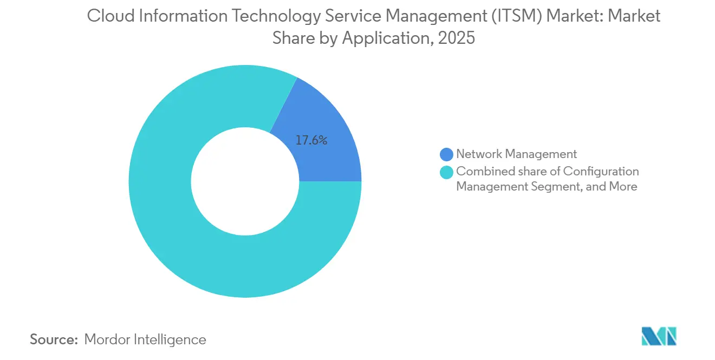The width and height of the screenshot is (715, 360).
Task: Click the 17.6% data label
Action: point(311,140)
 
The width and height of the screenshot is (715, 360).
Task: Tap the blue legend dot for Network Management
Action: point(447,154)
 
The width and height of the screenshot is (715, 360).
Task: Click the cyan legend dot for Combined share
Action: point(447,172)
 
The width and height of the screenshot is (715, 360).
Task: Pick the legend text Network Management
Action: point(516,154)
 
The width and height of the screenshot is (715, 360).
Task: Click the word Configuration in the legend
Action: point(601,172)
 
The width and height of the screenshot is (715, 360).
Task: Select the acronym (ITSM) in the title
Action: point(516,16)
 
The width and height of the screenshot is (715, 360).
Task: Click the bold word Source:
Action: point(54,339)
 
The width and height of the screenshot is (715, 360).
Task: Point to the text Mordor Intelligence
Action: point(145,339)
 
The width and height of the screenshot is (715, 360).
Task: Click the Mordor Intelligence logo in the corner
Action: point(659,336)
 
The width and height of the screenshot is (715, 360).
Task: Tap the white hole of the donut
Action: point(245,181)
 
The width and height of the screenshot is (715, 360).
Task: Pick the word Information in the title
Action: point(175,16)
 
